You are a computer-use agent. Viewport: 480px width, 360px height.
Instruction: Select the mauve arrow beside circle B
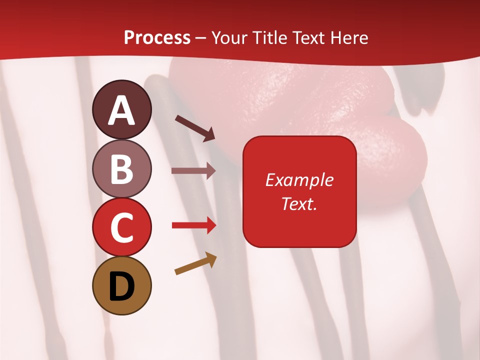tap(193, 171)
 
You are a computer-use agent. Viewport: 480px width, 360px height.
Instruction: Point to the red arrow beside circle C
tap(194, 225)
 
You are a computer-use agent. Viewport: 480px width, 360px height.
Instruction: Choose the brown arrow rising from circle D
tap(196, 263)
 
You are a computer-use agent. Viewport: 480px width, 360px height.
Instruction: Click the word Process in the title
tap(157, 38)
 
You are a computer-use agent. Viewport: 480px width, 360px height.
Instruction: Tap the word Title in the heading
tap(267, 38)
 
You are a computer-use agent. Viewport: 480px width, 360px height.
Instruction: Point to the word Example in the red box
tap(299, 180)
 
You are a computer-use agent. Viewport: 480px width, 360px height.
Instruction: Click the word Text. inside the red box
tap(299, 203)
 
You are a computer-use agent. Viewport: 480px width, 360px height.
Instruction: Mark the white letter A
tap(122, 111)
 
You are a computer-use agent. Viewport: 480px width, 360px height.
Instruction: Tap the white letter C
tap(122, 228)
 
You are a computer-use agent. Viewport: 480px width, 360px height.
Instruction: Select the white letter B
tap(122, 169)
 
